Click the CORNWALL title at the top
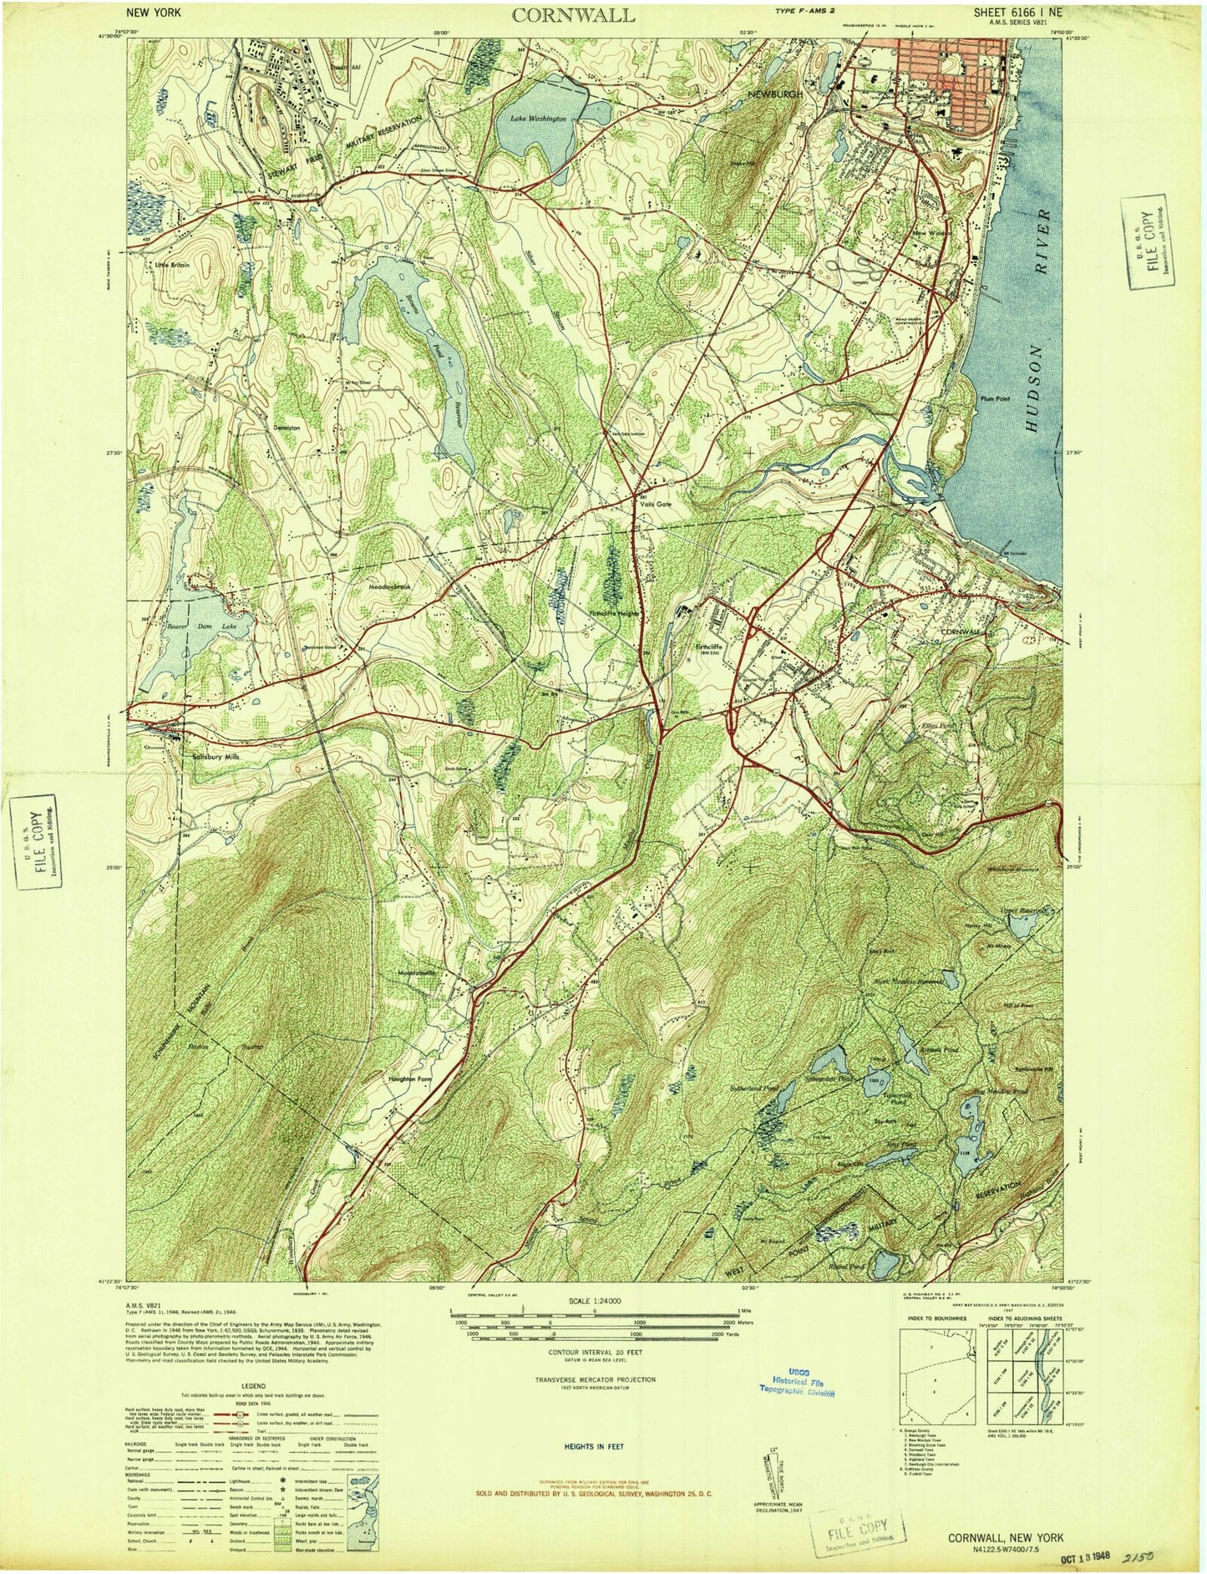573,15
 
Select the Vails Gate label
656,505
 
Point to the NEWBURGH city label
776,94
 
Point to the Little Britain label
172,265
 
